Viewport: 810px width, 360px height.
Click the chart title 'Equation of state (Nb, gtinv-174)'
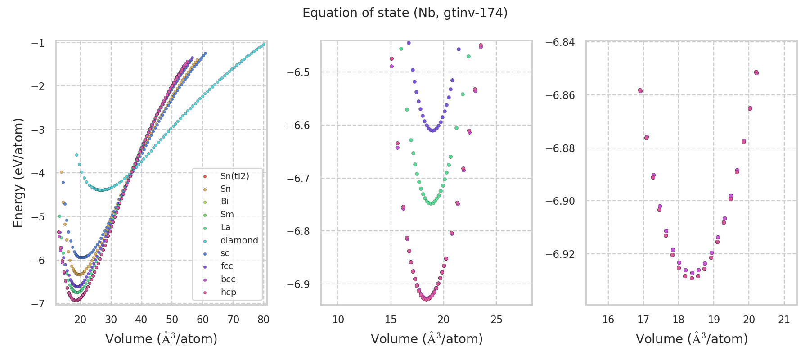click(x=405, y=13)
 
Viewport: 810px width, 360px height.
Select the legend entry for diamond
click(x=239, y=241)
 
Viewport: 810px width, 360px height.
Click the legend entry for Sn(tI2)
click(x=234, y=176)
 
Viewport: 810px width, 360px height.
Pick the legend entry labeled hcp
click(x=228, y=292)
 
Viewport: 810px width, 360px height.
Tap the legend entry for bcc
click(x=228, y=279)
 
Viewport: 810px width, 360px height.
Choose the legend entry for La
click(x=225, y=228)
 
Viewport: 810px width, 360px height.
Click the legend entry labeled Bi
click(x=225, y=202)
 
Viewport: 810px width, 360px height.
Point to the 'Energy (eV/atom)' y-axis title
click(x=18, y=173)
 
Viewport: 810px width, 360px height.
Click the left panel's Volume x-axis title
click(x=161, y=339)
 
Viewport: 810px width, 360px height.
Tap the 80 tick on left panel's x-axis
click(x=264, y=320)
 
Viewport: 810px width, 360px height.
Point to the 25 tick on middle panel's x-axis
click(x=496, y=320)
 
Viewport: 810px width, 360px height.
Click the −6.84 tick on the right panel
click(x=560, y=42)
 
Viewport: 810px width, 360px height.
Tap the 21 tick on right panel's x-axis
click(x=784, y=320)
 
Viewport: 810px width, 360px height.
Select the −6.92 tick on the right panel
click(x=560, y=254)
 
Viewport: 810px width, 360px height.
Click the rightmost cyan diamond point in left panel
click(x=264, y=44)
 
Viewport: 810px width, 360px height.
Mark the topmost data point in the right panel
click(x=756, y=72)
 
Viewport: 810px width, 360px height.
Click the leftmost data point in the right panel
click(x=640, y=90)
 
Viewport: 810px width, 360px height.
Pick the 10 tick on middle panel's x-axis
click(x=338, y=320)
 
